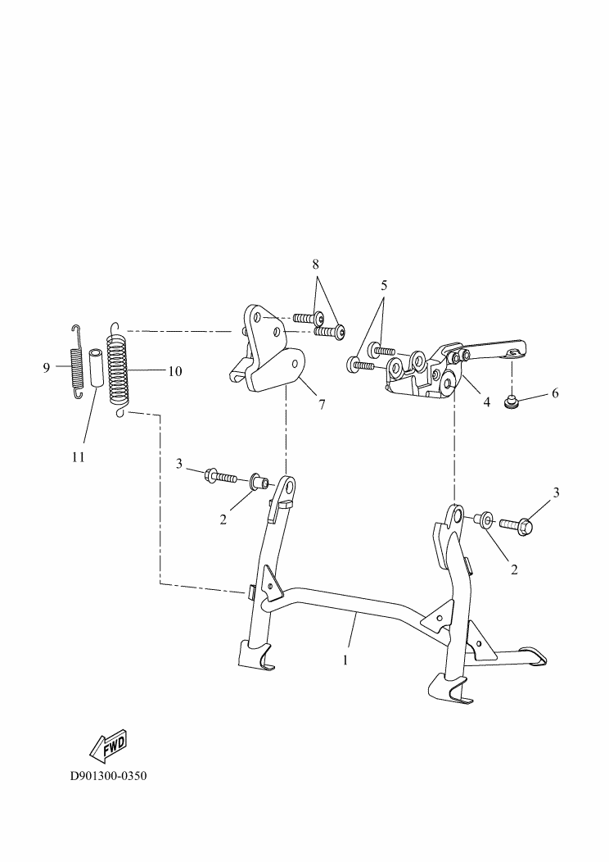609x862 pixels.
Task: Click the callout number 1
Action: click(x=345, y=660)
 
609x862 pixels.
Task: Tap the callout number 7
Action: click(x=322, y=405)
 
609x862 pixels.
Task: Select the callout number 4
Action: click(x=486, y=402)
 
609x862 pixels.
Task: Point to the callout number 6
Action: click(x=555, y=393)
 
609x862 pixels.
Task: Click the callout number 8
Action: click(x=316, y=264)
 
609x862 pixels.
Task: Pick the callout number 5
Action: click(x=384, y=285)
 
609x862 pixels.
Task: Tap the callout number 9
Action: click(x=47, y=367)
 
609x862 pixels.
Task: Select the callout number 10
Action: click(x=175, y=371)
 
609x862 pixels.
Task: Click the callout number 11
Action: click(x=79, y=457)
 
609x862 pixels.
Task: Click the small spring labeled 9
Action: click(x=78, y=361)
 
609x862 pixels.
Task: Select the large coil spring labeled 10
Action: click(x=119, y=370)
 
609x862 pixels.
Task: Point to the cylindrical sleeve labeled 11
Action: click(x=96, y=367)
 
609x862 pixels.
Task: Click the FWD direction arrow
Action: click(x=108, y=746)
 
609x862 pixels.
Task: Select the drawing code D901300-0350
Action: click(x=109, y=777)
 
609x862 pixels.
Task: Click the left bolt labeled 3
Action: click(x=220, y=475)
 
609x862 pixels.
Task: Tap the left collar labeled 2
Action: click(x=259, y=482)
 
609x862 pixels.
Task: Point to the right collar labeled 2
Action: click(x=484, y=519)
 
